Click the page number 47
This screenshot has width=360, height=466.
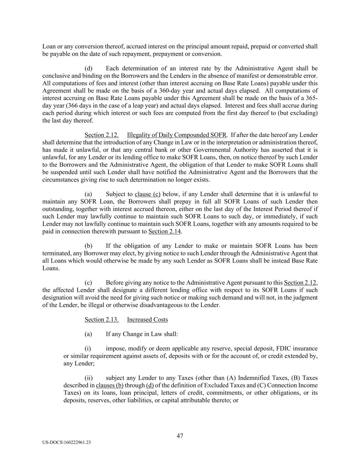[x=180, y=436]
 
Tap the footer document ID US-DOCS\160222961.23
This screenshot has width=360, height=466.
[x=67, y=442]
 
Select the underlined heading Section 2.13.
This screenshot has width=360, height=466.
[x=102, y=320]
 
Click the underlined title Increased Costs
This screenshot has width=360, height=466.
[x=147, y=320]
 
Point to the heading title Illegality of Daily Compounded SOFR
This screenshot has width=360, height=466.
[x=174, y=135]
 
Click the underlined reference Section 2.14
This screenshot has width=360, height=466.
[x=164, y=231]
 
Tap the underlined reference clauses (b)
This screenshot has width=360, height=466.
[x=110, y=385]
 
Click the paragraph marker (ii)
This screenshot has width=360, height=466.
[x=89, y=378]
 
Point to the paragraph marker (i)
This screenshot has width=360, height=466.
[x=88, y=349]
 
